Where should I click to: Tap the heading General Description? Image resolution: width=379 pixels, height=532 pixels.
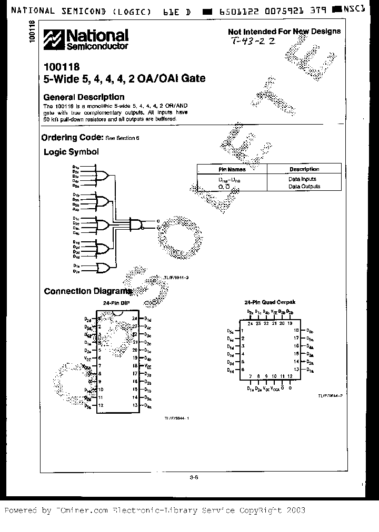(84, 97)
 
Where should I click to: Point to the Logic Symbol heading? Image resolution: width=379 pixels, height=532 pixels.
(71, 152)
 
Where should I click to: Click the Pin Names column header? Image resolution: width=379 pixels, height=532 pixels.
(232, 169)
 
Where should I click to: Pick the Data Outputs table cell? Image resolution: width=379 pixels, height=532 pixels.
(304, 187)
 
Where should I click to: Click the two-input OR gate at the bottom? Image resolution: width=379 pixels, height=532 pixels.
(103, 269)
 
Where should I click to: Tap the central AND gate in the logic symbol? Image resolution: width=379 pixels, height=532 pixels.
(136, 224)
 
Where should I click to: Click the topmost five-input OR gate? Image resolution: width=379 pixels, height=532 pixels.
(103, 175)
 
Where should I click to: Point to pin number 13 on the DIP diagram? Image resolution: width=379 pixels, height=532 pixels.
(134, 405)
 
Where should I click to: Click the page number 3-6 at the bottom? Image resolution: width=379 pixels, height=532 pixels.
(193, 477)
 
